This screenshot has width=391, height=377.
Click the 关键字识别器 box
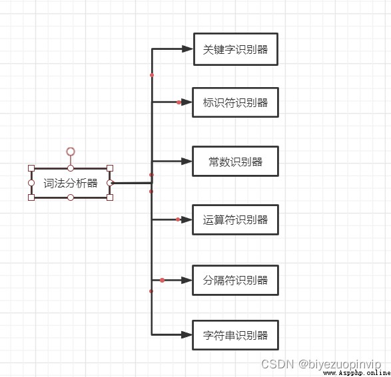[x=236, y=49]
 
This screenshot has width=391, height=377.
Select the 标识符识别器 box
[x=235, y=102]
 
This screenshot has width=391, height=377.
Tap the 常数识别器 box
[x=235, y=162]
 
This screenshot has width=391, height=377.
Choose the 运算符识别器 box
[x=235, y=219]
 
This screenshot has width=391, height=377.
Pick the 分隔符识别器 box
[x=235, y=280]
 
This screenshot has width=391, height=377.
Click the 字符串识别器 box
[x=235, y=335]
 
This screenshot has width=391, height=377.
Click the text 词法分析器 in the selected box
[x=71, y=183]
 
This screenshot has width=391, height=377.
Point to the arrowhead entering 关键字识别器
[x=188, y=49]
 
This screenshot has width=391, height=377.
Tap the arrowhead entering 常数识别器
[x=187, y=162]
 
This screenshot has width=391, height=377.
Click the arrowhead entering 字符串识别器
[x=187, y=335]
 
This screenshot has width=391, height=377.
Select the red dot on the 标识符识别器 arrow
[x=179, y=102]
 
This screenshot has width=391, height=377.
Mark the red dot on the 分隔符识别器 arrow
[x=162, y=280]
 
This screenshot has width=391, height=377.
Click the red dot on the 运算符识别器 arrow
[x=178, y=219]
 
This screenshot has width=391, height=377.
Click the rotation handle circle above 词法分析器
[x=71, y=152]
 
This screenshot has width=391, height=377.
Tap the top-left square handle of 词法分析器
[x=31, y=168]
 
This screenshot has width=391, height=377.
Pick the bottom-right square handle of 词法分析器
[x=110, y=197]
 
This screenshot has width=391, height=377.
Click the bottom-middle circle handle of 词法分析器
[x=71, y=197]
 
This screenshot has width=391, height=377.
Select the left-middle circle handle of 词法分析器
[x=31, y=183]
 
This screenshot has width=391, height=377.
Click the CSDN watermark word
[x=278, y=364]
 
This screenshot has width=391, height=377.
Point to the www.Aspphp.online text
[x=356, y=373]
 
